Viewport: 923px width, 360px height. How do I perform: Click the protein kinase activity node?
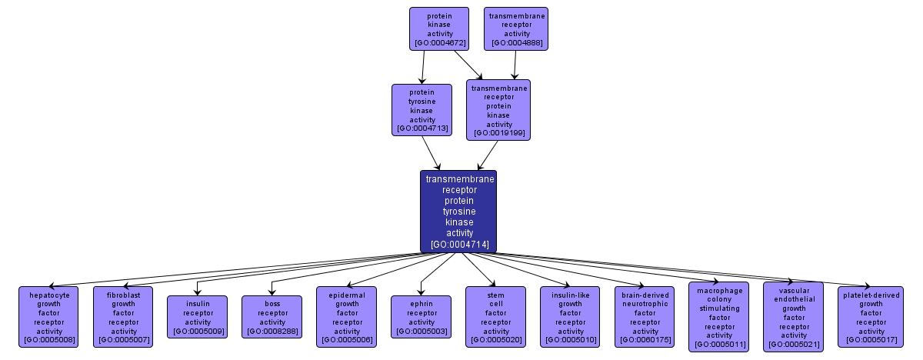click(438, 28)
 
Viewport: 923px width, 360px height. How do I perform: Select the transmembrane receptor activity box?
click(516, 28)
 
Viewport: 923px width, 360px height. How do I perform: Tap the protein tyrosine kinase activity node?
click(422, 109)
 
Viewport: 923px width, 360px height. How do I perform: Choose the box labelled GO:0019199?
click(498, 110)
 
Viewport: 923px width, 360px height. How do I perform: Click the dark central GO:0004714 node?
click(458, 211)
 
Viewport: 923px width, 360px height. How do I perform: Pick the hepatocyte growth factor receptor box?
click(49, 316)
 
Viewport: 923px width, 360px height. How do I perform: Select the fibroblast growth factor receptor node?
click(124, 316)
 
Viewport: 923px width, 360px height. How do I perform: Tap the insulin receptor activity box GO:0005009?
click(198, 316)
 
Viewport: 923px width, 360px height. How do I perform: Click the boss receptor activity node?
click(272, 316)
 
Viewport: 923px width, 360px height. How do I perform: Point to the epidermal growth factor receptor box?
click(347, 316)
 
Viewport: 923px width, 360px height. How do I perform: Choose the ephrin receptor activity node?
click(422, 316)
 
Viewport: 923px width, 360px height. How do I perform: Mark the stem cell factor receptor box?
click(495, 316)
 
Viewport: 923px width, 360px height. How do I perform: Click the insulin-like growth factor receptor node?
click(570, 316)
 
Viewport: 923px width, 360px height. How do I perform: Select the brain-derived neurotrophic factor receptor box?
click(645, 316)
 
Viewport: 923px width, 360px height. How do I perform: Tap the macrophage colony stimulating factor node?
click(719, 316)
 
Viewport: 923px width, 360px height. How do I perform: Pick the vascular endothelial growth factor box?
click(793, 316)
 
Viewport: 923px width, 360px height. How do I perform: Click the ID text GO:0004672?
click(438, 44)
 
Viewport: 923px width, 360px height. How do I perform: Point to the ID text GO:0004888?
click(516, 44)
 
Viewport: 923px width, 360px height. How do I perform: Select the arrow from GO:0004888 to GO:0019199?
click(515, 65)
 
